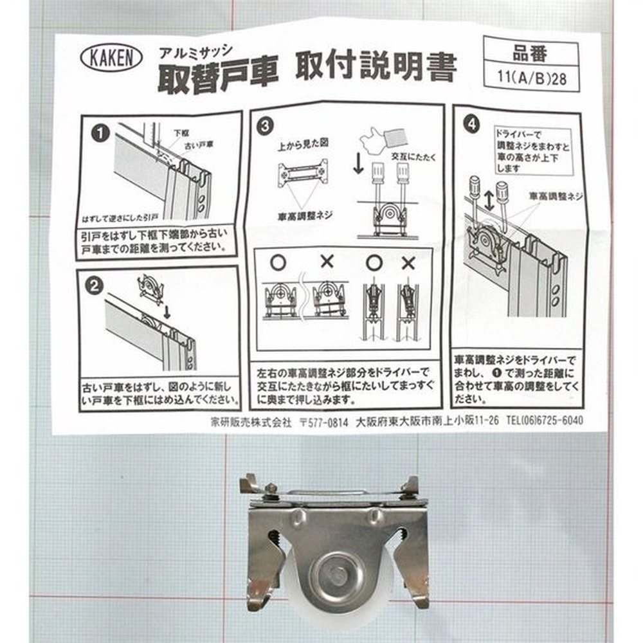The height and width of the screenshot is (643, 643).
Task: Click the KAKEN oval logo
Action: [x=111, y=58]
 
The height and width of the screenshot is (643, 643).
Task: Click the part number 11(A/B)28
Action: [x=532, y=78]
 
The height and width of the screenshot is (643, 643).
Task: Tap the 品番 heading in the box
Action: [x=530, y=53]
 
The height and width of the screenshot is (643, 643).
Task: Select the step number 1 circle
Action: [x=100, y=133]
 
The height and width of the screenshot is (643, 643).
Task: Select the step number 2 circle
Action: [x=95, y=285]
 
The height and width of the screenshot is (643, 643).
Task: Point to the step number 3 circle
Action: [x=266, y=126]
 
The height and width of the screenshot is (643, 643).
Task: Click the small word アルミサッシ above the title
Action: [x=196, y=51]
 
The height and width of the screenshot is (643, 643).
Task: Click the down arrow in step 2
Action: [x=167, y=311]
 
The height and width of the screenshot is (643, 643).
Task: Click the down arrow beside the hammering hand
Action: [x=358, y=163]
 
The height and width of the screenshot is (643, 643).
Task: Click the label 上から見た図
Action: [x=303, y=143]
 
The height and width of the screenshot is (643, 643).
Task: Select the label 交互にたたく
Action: [x=413, y=156]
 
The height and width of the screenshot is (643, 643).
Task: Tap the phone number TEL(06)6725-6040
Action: [x=545, y=420]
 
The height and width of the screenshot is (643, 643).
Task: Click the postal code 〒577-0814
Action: [x=324, y=422]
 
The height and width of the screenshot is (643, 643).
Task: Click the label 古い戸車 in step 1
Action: [x=199, y=145]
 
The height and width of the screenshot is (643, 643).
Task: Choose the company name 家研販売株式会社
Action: [x=251, y=422]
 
